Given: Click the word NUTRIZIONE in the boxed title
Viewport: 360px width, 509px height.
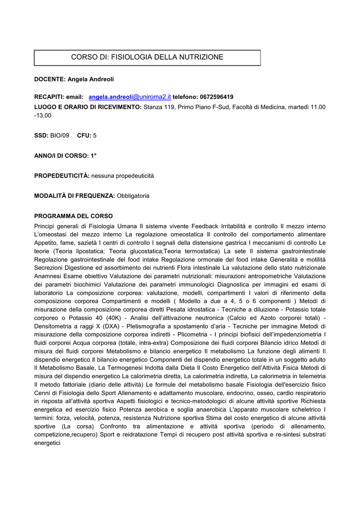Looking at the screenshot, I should (198, 57).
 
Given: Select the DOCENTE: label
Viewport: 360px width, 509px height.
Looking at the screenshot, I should (50, 79).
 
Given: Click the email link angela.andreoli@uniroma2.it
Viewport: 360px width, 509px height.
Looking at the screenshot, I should (130, 96).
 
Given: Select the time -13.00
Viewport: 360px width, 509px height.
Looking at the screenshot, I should (43, 115).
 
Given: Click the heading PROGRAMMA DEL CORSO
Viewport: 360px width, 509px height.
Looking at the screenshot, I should (74, 216).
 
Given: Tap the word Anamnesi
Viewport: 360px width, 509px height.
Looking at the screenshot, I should (50, 276).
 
